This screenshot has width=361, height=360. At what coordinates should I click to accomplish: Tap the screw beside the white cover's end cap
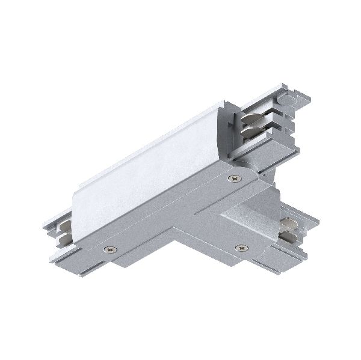(233, 177)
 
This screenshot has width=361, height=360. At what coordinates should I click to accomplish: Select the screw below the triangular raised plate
(242, 247)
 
